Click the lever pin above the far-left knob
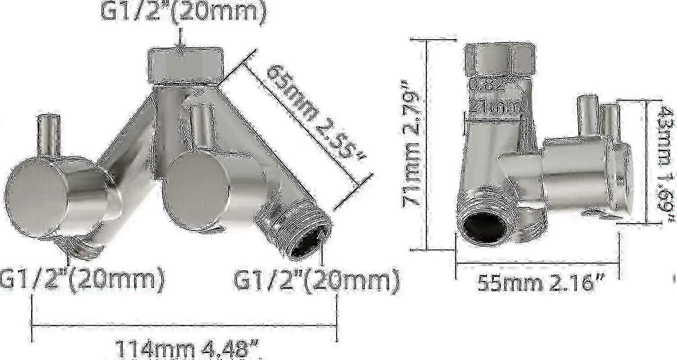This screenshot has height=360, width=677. [48, 134]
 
